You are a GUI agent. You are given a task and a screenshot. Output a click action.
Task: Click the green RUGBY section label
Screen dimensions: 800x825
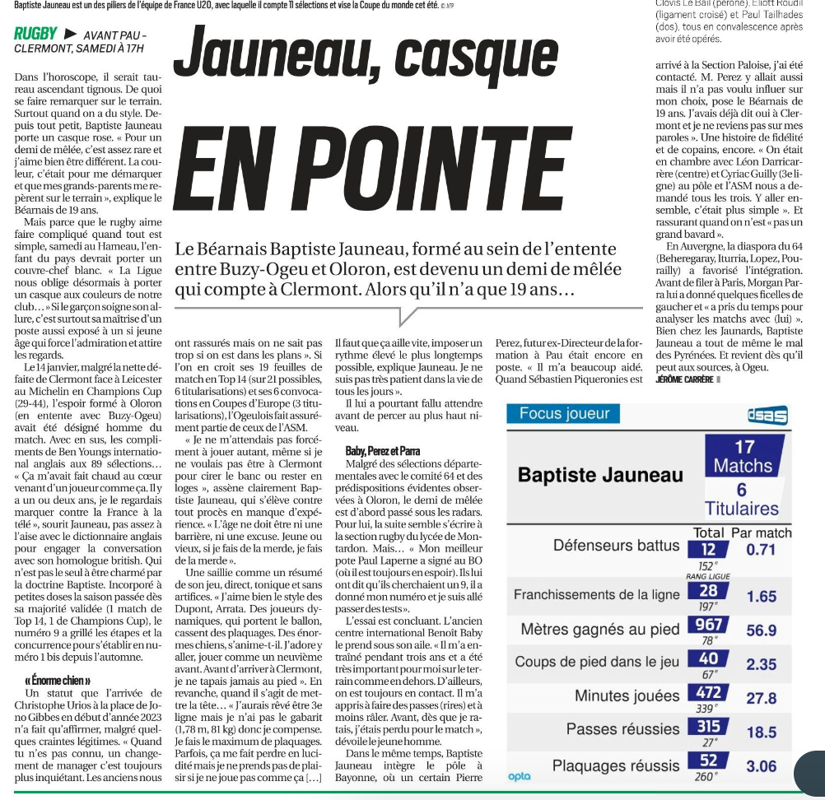click(35, 34)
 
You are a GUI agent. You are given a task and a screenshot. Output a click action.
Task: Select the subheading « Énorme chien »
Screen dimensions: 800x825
click(58, 681)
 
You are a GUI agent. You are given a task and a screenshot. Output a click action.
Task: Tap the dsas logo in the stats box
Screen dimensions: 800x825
click(767, 416)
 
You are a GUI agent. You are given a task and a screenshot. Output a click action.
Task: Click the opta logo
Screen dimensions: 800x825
click(520, 776)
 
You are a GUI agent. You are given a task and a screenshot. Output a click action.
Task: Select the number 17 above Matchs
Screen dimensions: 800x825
click(743, 448)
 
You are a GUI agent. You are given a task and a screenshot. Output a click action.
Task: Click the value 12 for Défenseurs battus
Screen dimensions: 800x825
click(707, 549)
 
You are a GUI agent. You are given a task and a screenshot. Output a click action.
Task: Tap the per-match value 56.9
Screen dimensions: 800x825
click(761, 630)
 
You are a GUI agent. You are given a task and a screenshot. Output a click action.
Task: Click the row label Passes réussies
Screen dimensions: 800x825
click(622, 729)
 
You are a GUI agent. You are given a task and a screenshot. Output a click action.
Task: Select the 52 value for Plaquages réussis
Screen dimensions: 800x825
click(707, 760)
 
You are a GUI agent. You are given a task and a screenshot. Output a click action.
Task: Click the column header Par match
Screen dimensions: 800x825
click(761, 533)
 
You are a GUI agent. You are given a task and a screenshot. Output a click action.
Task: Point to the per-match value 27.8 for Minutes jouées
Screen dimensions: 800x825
click(761, 698)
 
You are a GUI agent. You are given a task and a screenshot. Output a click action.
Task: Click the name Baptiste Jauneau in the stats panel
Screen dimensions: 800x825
click(600, 475)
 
